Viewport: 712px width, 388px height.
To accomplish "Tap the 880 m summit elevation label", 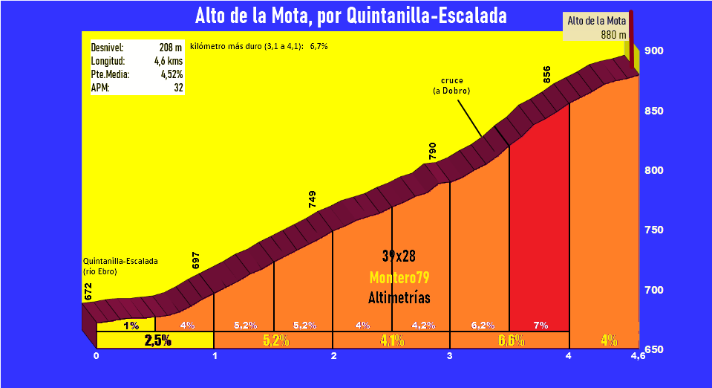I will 613,34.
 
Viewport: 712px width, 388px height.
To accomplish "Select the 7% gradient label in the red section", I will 540,325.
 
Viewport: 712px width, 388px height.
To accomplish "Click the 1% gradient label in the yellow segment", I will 131,325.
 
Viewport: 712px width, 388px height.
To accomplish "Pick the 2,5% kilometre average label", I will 157,340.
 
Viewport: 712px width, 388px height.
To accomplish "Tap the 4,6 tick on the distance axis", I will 637,356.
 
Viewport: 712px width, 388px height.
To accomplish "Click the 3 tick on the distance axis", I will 450,356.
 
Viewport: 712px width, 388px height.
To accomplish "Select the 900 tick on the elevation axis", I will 654,51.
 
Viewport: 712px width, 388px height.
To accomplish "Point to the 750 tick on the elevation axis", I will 654,230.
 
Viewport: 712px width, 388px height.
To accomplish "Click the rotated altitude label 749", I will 313,198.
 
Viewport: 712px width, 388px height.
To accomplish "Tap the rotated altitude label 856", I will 547,74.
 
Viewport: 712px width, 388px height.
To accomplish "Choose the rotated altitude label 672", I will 89,292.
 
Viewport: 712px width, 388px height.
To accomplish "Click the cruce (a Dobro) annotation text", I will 451,85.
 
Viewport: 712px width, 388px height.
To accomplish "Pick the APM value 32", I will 178,88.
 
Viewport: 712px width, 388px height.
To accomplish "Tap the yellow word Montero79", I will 399,277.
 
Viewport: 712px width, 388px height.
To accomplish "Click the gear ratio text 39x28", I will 399,256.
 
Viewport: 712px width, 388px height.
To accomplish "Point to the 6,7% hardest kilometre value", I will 319,46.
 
